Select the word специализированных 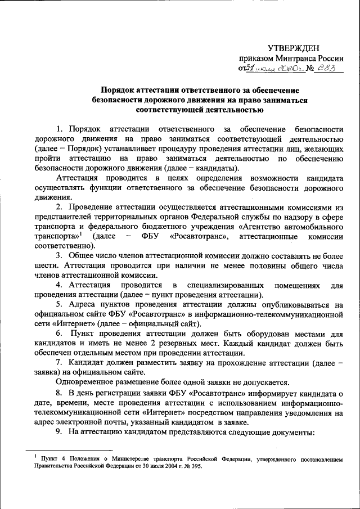click(226, 285)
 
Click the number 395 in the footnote click(192, 466)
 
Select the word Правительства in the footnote click(50, 466)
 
